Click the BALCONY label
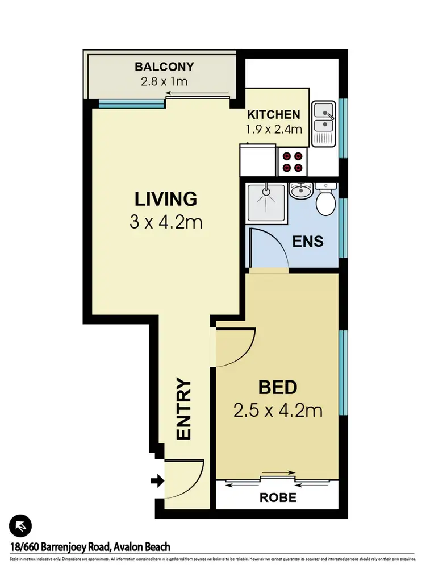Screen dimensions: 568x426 [x=164, y=67]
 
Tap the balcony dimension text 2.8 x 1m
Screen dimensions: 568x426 [x=164, y=81]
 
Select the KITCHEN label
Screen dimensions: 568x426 [x=273, y=114]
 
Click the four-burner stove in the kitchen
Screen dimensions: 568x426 [x=292, y=161]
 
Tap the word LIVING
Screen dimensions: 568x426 [x=165, y=200]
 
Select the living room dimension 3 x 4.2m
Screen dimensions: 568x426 [x=165, y=222]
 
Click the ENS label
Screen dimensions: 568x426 [x=308, y=241]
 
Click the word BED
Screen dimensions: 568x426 [x=278, y=388]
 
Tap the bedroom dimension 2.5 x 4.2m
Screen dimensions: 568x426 [x=278, y=410]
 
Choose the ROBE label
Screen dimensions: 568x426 [x=278, y=497]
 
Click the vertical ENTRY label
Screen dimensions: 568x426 [x=183, y=409]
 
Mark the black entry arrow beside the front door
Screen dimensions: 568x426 [x=156, y=482]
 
